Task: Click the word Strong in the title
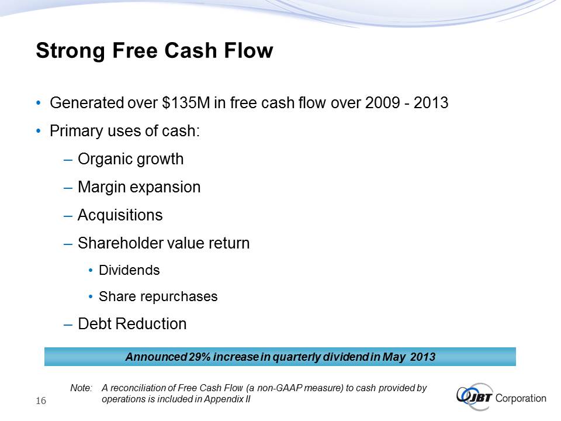click(x=71, y=51)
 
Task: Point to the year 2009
click(x=382, y=103)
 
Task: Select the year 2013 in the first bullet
click(x=431, y=103)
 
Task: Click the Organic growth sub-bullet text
click(x=130, y=160)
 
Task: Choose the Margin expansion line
click(x=139, y=188)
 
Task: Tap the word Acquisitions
click(x=120, y=215)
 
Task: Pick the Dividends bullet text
click(x=129, y=270)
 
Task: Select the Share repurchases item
click(x=158, y=297)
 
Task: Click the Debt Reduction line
click(x=132, y=323)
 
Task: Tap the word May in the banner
click(x=394, y=357)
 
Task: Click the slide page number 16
click(x=41, y=401)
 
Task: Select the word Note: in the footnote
click(x=81, y=388)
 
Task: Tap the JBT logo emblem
click(x=475, y=396)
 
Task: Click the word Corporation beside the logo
click(x=521, y=398)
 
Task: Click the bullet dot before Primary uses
click(x=39, y=131)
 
